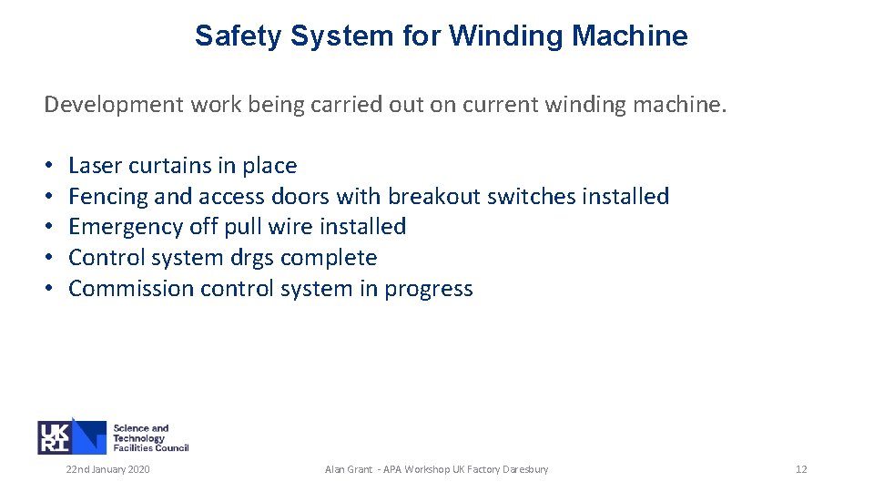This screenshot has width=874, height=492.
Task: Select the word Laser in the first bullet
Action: coord(95,166)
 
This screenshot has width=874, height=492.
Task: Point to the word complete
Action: coord(329,258)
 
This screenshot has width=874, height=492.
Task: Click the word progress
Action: coord(429,290)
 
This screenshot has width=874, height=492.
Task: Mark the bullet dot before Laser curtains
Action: coord(48,167)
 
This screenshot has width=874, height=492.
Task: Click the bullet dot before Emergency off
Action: coord(48,228)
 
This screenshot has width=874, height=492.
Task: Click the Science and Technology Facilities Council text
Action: coord(150,438)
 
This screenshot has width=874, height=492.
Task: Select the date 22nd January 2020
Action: coord(107,469)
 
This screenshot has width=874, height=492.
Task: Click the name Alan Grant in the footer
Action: coord(348,469)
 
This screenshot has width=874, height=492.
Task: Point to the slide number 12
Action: coord(801,469)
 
